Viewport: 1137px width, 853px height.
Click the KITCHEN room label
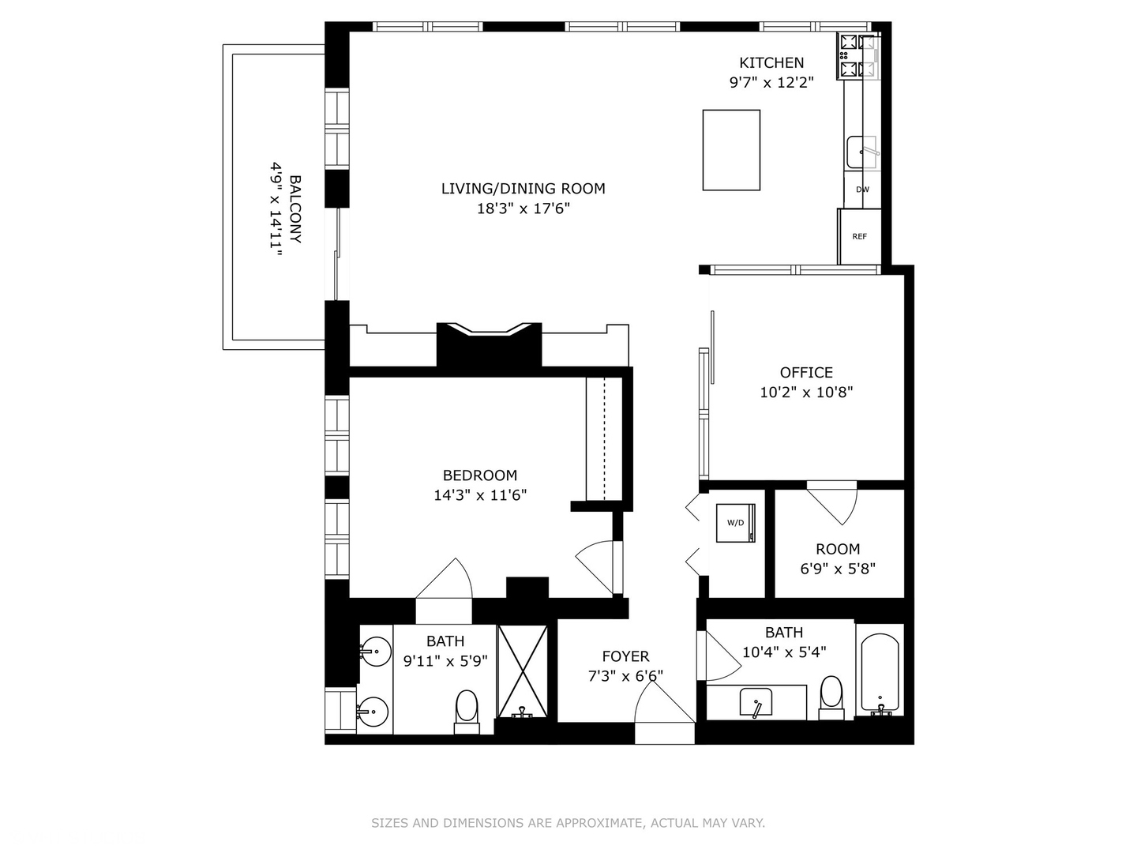(x=771, y=63)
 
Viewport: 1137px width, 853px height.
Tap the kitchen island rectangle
(x=731, y=150)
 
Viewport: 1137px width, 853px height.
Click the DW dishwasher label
(x=862, y=190)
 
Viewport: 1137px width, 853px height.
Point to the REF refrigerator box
(x=859, y=236)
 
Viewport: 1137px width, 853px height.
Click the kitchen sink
(x=861, y=152)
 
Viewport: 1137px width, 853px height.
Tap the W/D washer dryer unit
(x=736, y=523)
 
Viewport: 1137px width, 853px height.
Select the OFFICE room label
(x=806, y=373)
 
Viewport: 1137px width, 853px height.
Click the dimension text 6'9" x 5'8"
(x=838, y=569)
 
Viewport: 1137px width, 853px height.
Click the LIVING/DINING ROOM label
(x=523, y=189)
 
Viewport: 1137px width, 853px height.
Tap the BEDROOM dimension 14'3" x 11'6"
(x=480, y=495)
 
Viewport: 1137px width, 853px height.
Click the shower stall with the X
(x=522, y=671)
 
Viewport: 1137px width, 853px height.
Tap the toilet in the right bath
(x=831, y=695)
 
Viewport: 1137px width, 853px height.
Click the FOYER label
(x=625, y=656)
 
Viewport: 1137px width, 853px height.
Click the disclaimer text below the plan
(x=568, y=823)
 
